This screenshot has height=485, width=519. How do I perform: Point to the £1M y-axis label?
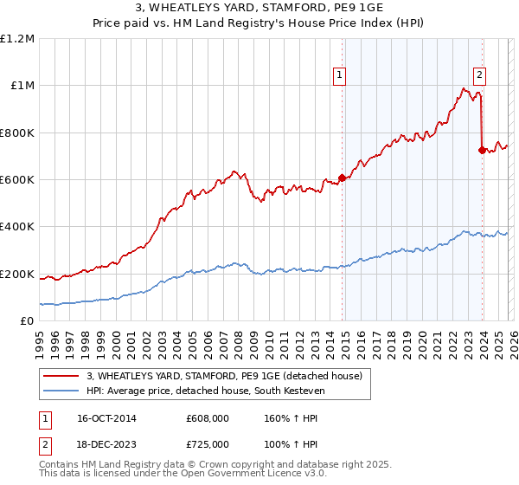[22, 86]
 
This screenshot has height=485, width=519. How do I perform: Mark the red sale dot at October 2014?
[343, 178]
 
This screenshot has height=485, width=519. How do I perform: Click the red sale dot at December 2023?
[482, 150]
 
